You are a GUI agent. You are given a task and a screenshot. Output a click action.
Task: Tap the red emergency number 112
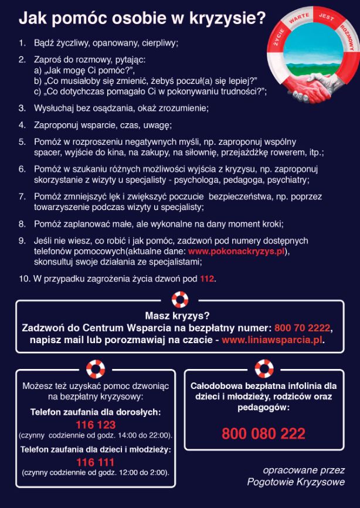208,279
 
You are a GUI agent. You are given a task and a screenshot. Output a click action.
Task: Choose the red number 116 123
96,425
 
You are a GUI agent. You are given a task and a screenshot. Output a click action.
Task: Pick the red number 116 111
96,462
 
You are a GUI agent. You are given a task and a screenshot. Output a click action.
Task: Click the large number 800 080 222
263,434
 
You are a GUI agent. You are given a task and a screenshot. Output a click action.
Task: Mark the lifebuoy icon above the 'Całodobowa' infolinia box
264,369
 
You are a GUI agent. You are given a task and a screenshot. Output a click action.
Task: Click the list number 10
24,279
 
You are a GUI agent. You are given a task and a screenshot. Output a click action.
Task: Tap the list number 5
22,141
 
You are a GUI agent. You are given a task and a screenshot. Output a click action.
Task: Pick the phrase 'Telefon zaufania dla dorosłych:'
96,412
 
